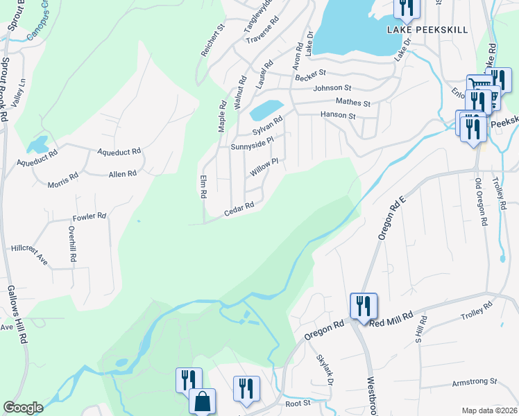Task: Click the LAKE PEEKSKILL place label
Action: click(x=428, y=30)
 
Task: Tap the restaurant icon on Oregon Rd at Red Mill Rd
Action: click(x=364, y=306)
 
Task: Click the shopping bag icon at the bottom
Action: click(x=202, y=401)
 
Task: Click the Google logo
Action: click(x=23, y=408)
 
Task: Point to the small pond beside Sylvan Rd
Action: click(x=266, y=110)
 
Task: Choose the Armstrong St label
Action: click(x=475, y=381)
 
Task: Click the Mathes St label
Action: click(x=353, y=103)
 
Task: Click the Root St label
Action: click(x=296, y=403)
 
